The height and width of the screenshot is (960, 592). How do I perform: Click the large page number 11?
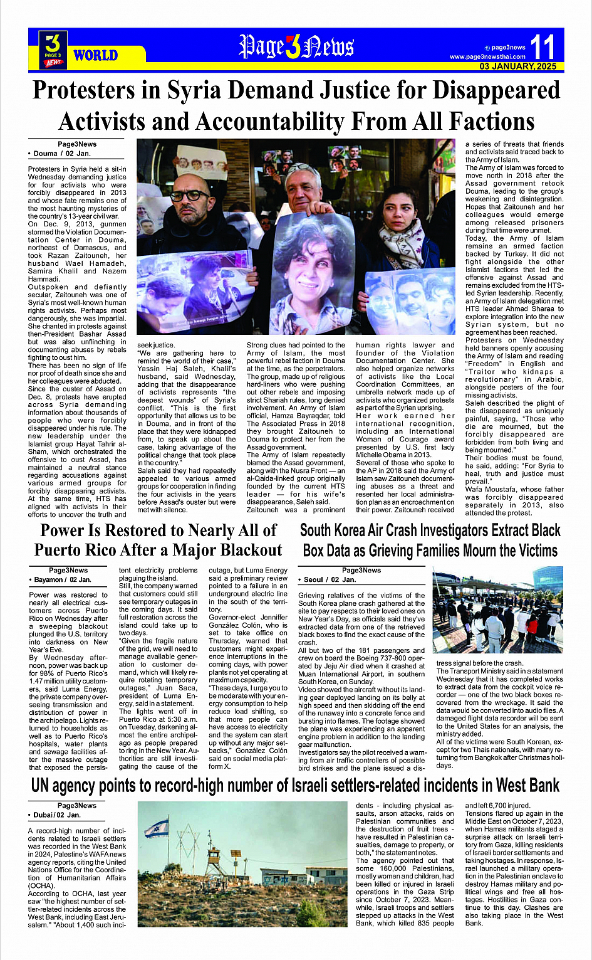[x=543, y=46]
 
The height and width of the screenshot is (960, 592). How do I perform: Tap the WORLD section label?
[x=95, y=55]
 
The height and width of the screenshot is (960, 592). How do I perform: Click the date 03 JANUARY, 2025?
[x=518, y=66]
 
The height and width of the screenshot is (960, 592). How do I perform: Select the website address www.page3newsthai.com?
[x=487, y=56]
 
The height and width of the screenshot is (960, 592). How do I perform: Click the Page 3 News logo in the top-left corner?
[x=53, y=49]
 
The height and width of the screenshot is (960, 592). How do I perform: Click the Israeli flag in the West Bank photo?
[x=157, y=829]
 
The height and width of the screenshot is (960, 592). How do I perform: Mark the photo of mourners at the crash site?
[x=498, y=609]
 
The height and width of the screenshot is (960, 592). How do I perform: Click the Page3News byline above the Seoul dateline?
[x=361, y=570]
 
